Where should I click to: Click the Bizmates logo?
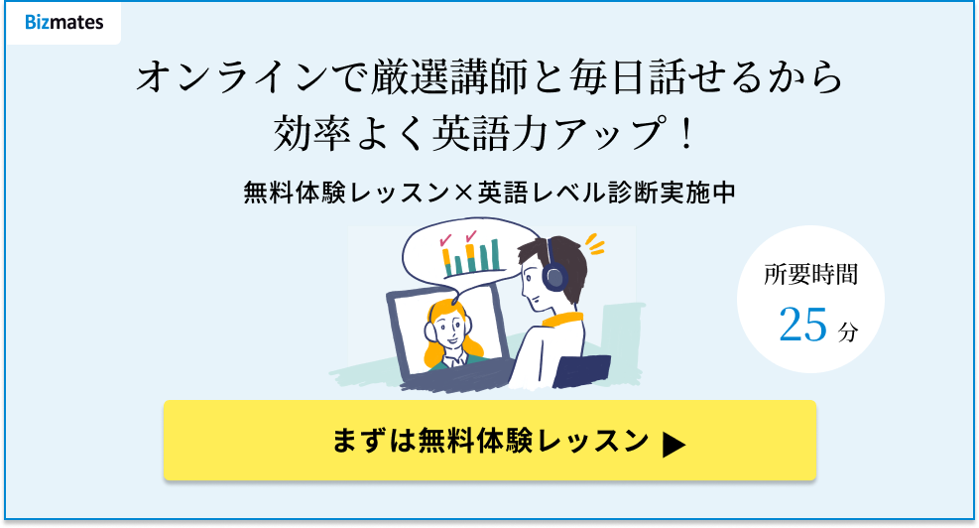[x=64, y=23]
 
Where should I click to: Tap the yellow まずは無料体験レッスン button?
[x=490, y=441]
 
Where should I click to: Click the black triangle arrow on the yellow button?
[x=673, y=445]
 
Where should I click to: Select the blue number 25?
[x=802, y=325]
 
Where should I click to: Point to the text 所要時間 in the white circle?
[x=810, y=274]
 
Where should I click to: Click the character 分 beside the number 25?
[x=848, y=331]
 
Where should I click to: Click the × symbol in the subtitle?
[x=463, y=193]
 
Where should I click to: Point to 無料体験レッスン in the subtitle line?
[x=346, y=193]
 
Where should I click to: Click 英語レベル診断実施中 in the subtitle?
[x=606, y=193]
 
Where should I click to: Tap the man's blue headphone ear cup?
[x=553, y=276]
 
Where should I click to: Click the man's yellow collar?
[x=562, y=320]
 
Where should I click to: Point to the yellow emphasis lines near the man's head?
[x=596, y=244]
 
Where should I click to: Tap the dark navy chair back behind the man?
[x=580, y=371]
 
